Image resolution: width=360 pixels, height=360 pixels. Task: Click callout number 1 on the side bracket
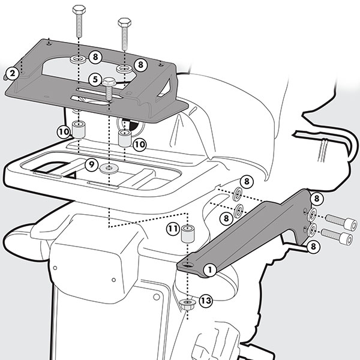coord(210,269)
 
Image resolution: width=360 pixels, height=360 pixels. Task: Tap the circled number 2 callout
coord(11,74)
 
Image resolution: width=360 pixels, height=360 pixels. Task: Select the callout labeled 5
coord(95,79)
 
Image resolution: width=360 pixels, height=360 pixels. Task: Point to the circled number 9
coord(91,163)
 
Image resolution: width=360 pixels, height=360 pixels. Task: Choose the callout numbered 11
coord(173,229)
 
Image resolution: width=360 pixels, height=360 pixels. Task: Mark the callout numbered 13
coord(205,301)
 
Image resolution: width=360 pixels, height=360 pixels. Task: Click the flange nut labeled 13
coord(187,304)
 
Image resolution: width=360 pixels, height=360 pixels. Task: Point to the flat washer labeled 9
coord(109,166)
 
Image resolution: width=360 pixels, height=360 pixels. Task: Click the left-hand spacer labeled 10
coord(79,129)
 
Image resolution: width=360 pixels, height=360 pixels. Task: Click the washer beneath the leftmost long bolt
coord(78,61)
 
